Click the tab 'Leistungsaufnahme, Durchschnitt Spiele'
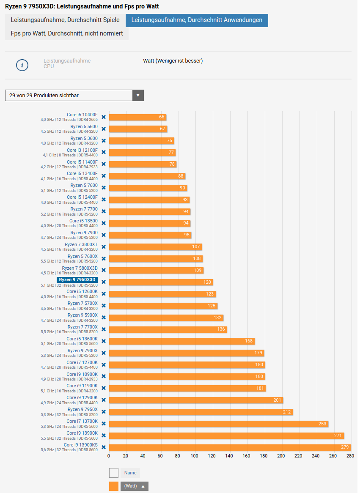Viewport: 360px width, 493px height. pyautogui.click(x=65, y=20)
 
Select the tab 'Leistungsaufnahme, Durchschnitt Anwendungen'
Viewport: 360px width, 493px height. pyautogui.click(x=197, y=20)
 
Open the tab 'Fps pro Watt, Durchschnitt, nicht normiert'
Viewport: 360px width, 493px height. pyautogui.click(x=67, y=33)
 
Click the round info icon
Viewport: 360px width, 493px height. pyautogui.click(x=22, y=65)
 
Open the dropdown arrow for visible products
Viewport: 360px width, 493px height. pyautogui.click(x=138, y=96)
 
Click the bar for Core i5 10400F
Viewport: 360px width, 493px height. pyautogui.click(x=137, y=117)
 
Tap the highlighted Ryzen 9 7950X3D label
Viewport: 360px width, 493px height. pyautogui.click(x=77, y=279)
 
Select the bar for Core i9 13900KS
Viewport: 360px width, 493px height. pyautogui.click(x=230, y=447)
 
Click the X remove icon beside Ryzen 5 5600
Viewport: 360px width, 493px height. pyautogui.click(x=104, y=129)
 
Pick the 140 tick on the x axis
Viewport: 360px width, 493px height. pyautogui.click(x=229, y=456)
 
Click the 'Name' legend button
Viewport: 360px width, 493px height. pyautogui.click(x=130, y=473)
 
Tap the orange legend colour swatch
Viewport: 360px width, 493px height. pyautogui.click(x=114, y=486)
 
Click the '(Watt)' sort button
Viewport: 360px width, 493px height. pyautogui.click(x=135, y=486)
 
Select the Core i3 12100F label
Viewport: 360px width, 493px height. pyautogui.click(x=82, y=150)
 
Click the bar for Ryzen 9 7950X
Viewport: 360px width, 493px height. pyautogui.click(x=201, y=412)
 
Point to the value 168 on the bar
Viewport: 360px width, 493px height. pyautogui.click(x=249, y=341)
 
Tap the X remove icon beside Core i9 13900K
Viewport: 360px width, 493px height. pyautogui.click(x=104, y=435)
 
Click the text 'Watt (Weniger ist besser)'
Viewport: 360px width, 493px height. pyautogui.click(x=173, y=61)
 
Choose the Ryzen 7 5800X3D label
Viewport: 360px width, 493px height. pyautogui.click(x=80, y=268)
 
